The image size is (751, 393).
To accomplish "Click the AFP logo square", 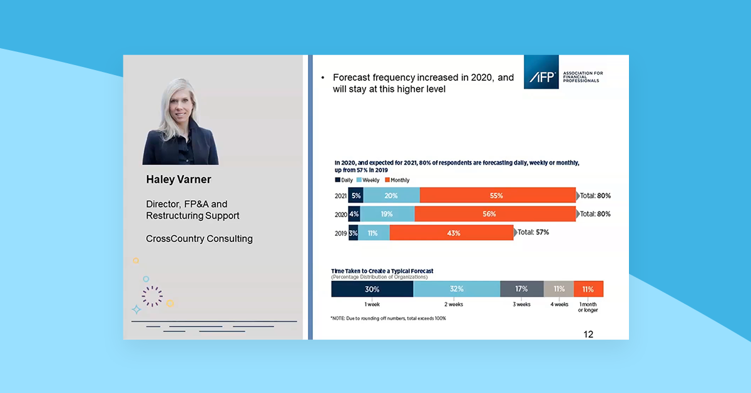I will click(x=542, y=72).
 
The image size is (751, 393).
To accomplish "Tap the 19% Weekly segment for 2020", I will click(x=387, y=214).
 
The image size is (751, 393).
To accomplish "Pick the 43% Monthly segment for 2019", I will click(x=451, y=233).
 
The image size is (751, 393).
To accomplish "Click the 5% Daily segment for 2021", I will click(x=355, y=195).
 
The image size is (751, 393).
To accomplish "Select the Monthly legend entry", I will click(x=397, y=180).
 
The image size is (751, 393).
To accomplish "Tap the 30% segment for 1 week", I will click(x=372, y=289).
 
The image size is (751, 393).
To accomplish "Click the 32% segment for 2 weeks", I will click(x=456, y=289).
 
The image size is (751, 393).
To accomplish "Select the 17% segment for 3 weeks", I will click(x=521, y=289).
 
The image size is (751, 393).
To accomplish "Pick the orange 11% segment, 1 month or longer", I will click(x=588, y=289).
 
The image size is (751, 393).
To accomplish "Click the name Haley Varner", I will click(x=178, y=180).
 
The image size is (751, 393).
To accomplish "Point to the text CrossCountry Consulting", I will click(x=199, y=238).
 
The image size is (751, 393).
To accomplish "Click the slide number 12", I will click(x=588, y=334).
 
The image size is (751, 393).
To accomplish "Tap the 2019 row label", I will click(x=340, y=233).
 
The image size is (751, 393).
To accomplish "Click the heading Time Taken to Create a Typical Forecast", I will click(x=382, y=271).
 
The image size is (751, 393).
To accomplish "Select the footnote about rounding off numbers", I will click(x=388, y=318).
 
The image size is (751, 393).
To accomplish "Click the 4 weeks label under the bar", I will click(x=559, y=305).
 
